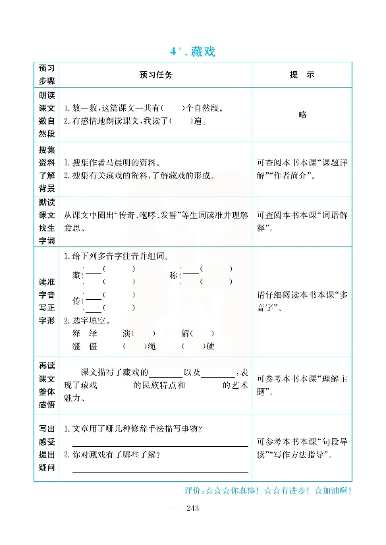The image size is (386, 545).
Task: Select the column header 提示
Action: [302, 75]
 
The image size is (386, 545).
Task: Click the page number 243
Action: [192, 507]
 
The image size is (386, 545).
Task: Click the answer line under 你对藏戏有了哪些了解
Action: [160, 471]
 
